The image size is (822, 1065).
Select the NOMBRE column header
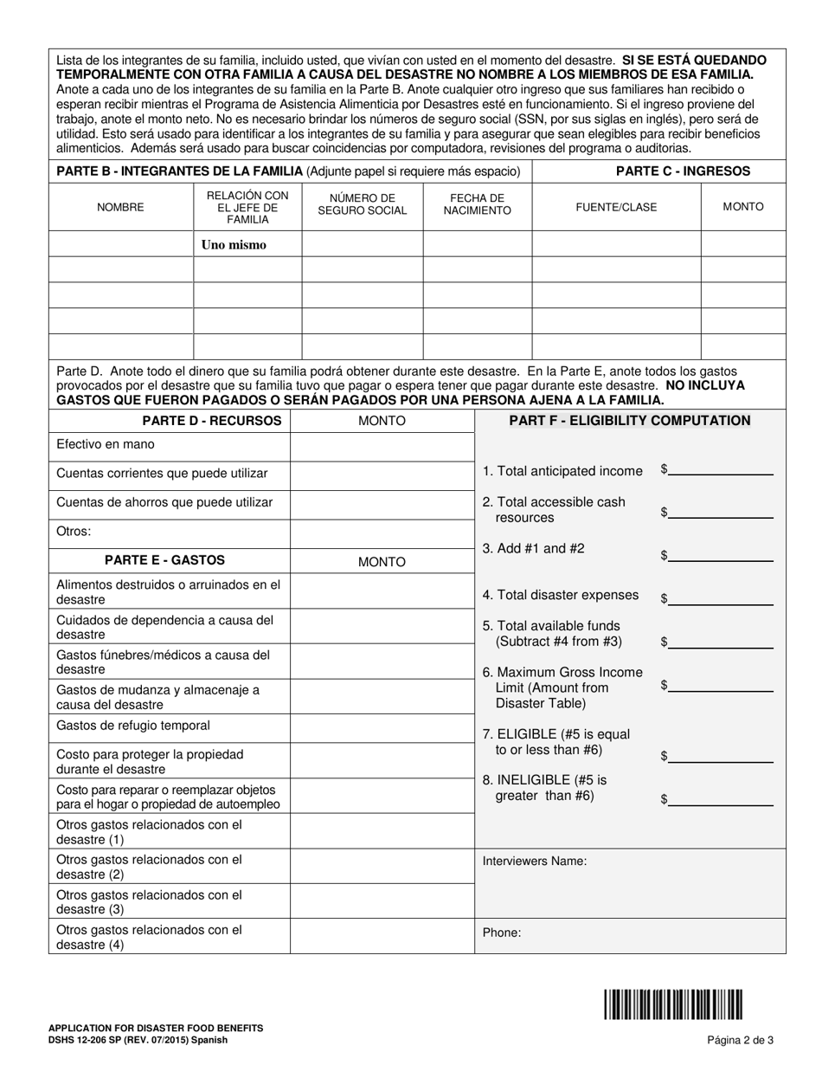(120, 207)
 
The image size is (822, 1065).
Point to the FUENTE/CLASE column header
(616, 207)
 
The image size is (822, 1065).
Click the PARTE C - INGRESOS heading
(683, 171)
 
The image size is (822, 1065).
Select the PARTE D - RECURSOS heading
(212, 421)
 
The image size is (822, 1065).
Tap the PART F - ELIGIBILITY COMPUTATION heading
(630, 421)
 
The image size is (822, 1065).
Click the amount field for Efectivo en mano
(382, 447)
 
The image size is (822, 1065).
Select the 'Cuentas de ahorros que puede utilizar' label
(164, 502)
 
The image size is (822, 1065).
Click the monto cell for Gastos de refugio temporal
(382, 726)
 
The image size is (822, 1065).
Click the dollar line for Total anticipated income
(721, 470)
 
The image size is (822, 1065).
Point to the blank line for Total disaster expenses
(721, 598)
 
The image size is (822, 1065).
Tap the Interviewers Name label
(535, 862)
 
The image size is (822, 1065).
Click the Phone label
(502, 933)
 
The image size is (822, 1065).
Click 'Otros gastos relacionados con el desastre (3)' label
(149, 901)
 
